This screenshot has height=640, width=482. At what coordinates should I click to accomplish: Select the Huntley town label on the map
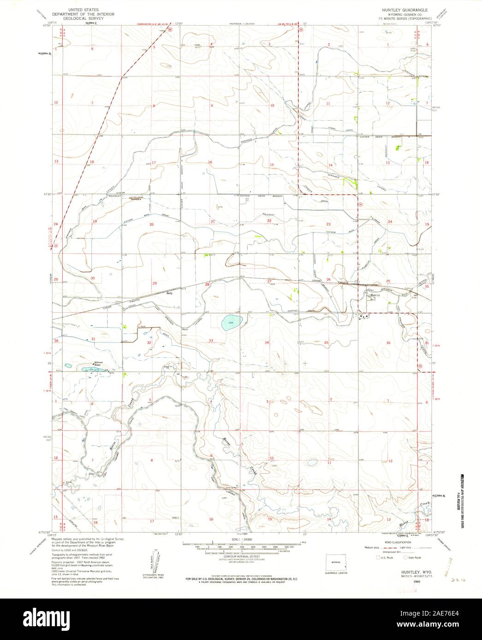[x=375, y=296]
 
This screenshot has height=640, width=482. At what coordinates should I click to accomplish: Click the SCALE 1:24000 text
[x=243, y=539]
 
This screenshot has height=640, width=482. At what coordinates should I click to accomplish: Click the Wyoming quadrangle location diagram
[x=336, y=563]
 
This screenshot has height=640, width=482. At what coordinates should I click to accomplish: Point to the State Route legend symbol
[x=405, y=558]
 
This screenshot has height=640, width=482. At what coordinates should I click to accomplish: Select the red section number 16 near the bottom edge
[x=211, y=519]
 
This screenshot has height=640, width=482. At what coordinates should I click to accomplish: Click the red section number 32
[x=149, y=343]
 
